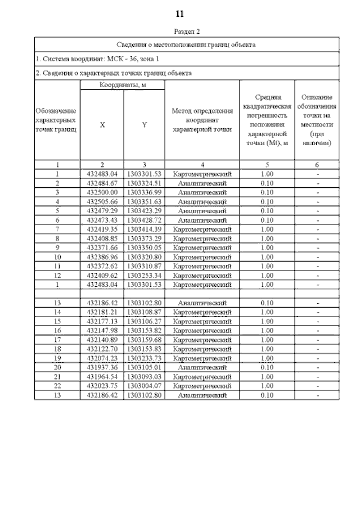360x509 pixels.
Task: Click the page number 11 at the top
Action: [x=180, y=13]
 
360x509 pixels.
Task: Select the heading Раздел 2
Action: [x=180, y=32]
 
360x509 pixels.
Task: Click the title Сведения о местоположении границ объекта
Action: [x=186, y=44]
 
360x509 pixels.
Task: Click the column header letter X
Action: [x=102, y=125]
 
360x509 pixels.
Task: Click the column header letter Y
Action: [x=145, y=125]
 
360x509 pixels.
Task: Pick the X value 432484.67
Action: [x=102, y=183]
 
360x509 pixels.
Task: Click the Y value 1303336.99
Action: [x=145, y=192]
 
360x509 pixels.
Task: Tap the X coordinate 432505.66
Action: [x=102, y=201]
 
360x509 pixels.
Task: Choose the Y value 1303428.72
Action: [x=145, y=220]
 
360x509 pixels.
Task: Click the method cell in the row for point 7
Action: [x=202, y=229]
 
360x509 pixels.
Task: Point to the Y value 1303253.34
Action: [x=145, y=275]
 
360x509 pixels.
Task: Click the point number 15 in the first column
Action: [x=57, y=321]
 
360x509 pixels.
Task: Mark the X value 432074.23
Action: [x=102, y=358]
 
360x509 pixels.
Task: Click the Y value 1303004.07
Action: [x=145, y=386]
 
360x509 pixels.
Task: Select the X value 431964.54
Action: [x=102, y=377]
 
